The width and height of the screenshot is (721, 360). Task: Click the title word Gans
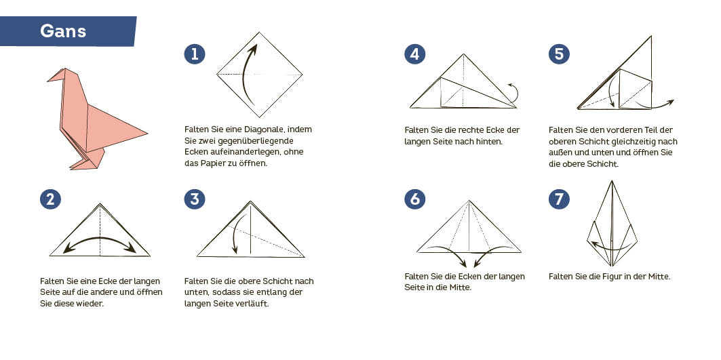(63, 31)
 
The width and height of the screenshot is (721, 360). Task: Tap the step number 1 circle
(195, 54)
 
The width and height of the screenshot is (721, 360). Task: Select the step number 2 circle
(50, 199)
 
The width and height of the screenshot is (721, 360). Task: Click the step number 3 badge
(195, 199)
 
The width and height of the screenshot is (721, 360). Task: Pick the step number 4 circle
(414, 54)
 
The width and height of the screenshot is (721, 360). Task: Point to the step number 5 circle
(559, 54)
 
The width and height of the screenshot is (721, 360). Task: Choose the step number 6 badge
(414, 199)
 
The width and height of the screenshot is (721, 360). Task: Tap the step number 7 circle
(559, 199)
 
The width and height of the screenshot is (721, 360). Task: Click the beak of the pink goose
(50, 79)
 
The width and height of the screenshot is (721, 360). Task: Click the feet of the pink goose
(85, 165)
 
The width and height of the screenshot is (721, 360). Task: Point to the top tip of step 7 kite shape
(612, 181)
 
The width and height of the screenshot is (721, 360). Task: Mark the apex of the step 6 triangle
(469, 201)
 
